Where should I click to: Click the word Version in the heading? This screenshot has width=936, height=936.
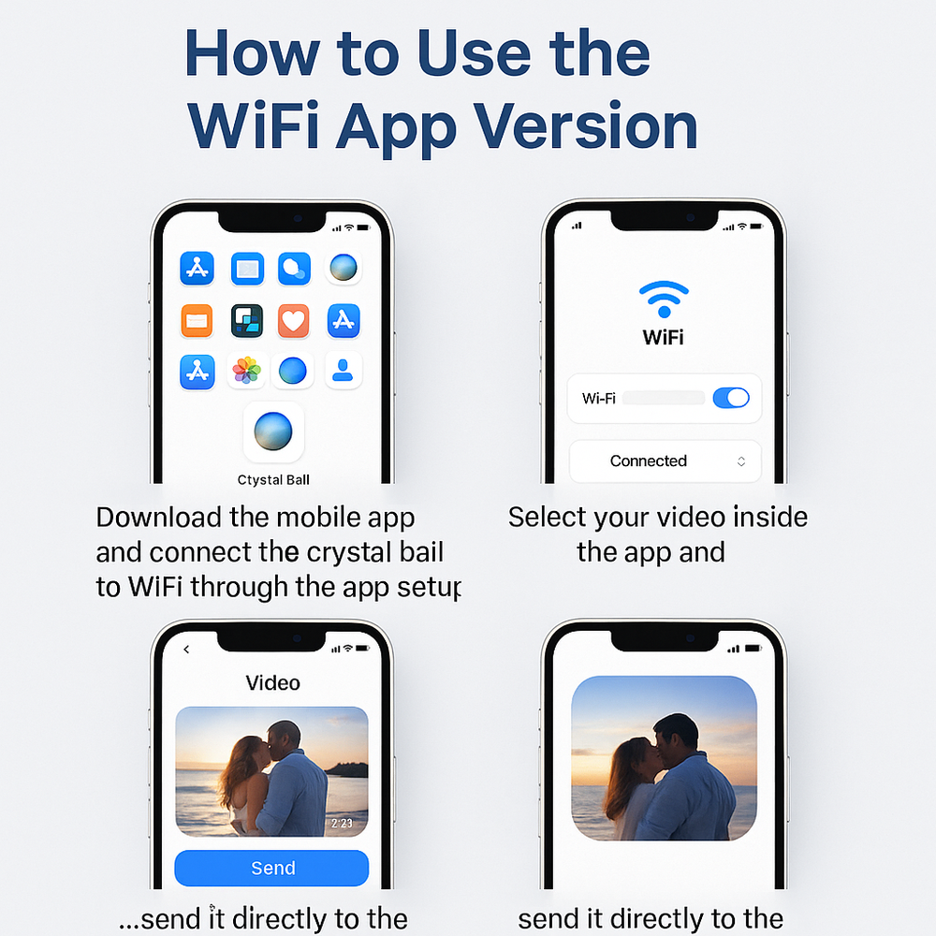(x=586, y=126)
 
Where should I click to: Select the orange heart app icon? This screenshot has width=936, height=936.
(x=294, y=320)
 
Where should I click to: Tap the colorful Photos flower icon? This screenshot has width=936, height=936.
(x=246, y=370)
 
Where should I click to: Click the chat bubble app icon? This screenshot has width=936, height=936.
(x=294, y=268)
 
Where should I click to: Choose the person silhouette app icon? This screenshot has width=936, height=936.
(x=343, y=370)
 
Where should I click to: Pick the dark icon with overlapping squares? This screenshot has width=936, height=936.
(x=247, y=320)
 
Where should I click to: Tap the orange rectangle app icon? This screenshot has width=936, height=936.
(x=197, y=320)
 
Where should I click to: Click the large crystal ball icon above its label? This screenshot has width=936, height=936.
(x=273, y=431)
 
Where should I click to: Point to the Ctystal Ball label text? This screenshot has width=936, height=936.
(x=273, y=480)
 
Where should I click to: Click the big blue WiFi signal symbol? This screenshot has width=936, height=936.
(x=664, y=299)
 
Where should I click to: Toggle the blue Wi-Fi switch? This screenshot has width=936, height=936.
(x=731, y=398)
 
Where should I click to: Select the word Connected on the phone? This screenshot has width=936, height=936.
(x=649, y=461)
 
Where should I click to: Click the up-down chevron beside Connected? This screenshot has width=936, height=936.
(x=740, y=461)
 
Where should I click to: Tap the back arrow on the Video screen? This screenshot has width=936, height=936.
(x=186, y=649)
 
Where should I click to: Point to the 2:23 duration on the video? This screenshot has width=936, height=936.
(x=342, y=823)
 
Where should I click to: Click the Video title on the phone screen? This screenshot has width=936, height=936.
(x=272, y=683)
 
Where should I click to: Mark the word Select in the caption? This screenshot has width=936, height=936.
(x=547, y=517)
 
